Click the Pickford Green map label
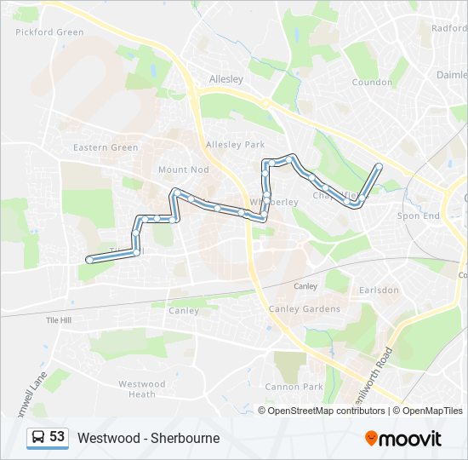coord(50,32)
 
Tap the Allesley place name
coord(226,79)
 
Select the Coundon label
coord(371,83)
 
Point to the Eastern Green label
coord(106,147)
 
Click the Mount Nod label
coord(183,170)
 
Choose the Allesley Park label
coord(236,145)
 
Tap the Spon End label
coord(419,216)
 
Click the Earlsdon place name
coord(379,290)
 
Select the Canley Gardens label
coord(304,308)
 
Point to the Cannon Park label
coord(294,387)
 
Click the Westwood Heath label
coord(142,389)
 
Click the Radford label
coord(448,28)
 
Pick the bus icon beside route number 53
coord(38,437)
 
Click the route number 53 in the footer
coord(57,437)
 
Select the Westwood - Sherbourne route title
coord(148,438)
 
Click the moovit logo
coord(403,438)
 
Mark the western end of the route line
coord(88,260)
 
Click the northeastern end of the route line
coord(379,165)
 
